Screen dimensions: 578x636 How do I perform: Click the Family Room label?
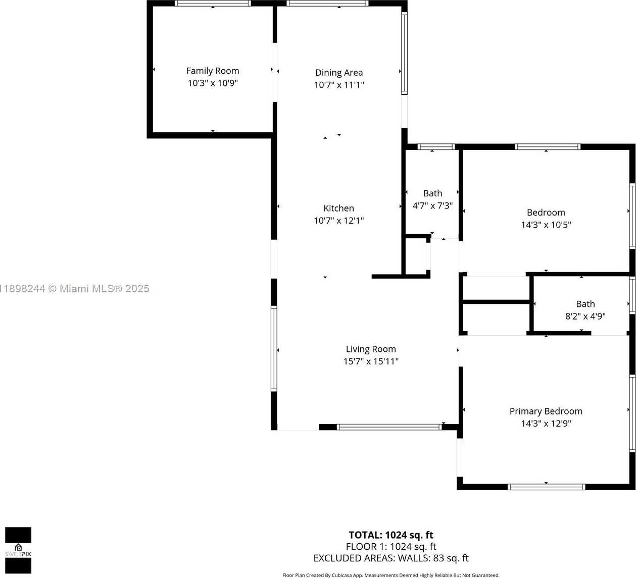pyautogui.click(x=212, y=71)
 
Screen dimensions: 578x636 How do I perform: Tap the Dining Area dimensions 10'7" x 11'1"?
pyautogui.click(x=339, y=85)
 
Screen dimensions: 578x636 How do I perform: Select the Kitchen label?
pyautogui.click(x=338, y=208)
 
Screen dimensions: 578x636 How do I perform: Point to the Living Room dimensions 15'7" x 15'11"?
pyautogui.click(x=371, y=361)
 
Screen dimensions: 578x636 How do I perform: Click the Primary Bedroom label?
pyautogui.click(x=546, y=411)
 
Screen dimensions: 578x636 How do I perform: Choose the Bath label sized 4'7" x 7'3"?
pyautogui.click(x=432, y=193)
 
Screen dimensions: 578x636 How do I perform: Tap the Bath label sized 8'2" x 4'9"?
pyautogui.click(x=585, y=304)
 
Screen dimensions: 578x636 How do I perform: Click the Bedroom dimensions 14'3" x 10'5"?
pyautogui.click(x=546, y=225)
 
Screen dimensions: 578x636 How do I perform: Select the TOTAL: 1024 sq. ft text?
pyautogui.click(x=390, y=535)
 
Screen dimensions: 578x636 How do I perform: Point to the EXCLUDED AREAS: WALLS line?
pyautogui.click(x=390, y=558)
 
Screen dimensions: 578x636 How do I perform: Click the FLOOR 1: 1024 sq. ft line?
pyautogui.click(x=390, y=547)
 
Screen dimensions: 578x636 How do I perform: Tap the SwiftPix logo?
pyautogui.click(x=18, y=550)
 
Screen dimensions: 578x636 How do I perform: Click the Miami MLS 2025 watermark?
pyautogui.click(x=75, y=289)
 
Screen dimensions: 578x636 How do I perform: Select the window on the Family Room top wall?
pyautogui.click(x=213, y=4)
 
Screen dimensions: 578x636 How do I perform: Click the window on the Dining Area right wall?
pyautogui.click(x=404, y=54)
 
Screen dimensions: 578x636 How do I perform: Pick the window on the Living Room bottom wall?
pyautogui.click(x=389, y=427)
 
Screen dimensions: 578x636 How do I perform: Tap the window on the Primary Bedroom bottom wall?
pyautogui.click(x=546, y=487)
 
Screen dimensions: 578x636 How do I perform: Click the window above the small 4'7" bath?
pyautogui.click(x=436, y=147)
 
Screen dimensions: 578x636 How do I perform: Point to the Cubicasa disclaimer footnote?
pyautogui.click(x=390, y=575)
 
